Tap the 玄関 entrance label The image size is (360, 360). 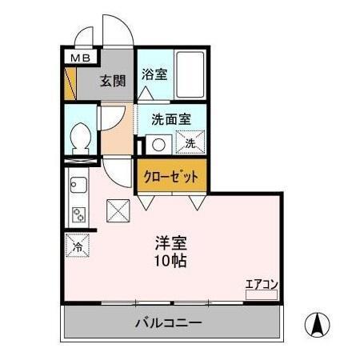pyautogui.click(x=112, y=80)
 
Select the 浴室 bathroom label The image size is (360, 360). pyautogui.click(x=154, y=75)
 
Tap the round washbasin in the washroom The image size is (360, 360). pyautogui.click(x=158, y=145)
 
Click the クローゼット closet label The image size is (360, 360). pyautogui.click(x=170, y=176)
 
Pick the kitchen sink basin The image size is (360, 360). pyautogui.click(x=78, y=189)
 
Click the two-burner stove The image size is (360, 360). pyautogui.click(x=78, y=214)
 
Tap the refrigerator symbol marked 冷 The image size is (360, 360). pyautogui.click(x=78, y=245)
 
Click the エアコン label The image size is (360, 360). pyautogui.click(x=261, y=282)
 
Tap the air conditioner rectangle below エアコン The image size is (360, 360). pyautogui.click(x=261, y=294)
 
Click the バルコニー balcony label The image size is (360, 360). pyautogui.click(x=168, y=324)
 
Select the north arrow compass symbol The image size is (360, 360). pyautogui.click(x=318, y=324)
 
